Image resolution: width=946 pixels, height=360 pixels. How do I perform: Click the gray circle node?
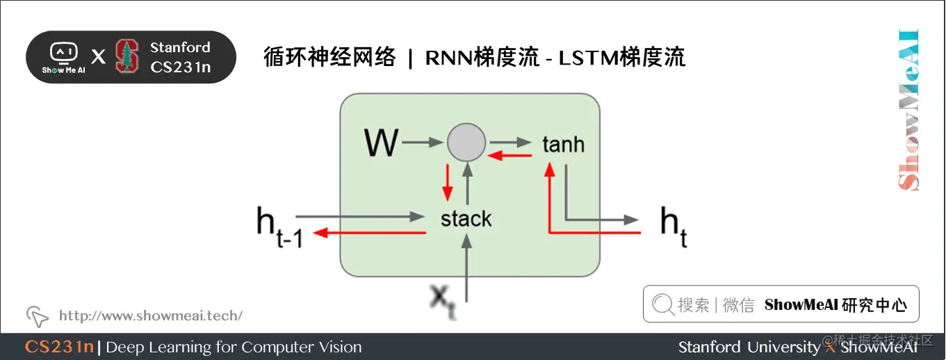pos(466,143)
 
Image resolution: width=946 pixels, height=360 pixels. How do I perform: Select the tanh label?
pos(563,145)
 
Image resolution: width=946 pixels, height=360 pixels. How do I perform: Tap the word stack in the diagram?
pos(466,219)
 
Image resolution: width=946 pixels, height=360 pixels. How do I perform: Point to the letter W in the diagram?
pos(381,144)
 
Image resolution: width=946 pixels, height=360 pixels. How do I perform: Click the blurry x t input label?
pos(442,301)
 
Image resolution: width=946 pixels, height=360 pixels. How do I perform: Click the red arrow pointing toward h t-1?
pos(368,234)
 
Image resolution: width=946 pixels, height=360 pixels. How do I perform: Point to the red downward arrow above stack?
pos(447,183)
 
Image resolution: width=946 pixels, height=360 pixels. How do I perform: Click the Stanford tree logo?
pos(127,56)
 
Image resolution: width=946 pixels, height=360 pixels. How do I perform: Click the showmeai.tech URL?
pos(151,316)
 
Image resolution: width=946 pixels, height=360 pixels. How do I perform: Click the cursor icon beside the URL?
pos(37,316)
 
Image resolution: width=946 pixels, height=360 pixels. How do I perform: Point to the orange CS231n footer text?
pos(59,347)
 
